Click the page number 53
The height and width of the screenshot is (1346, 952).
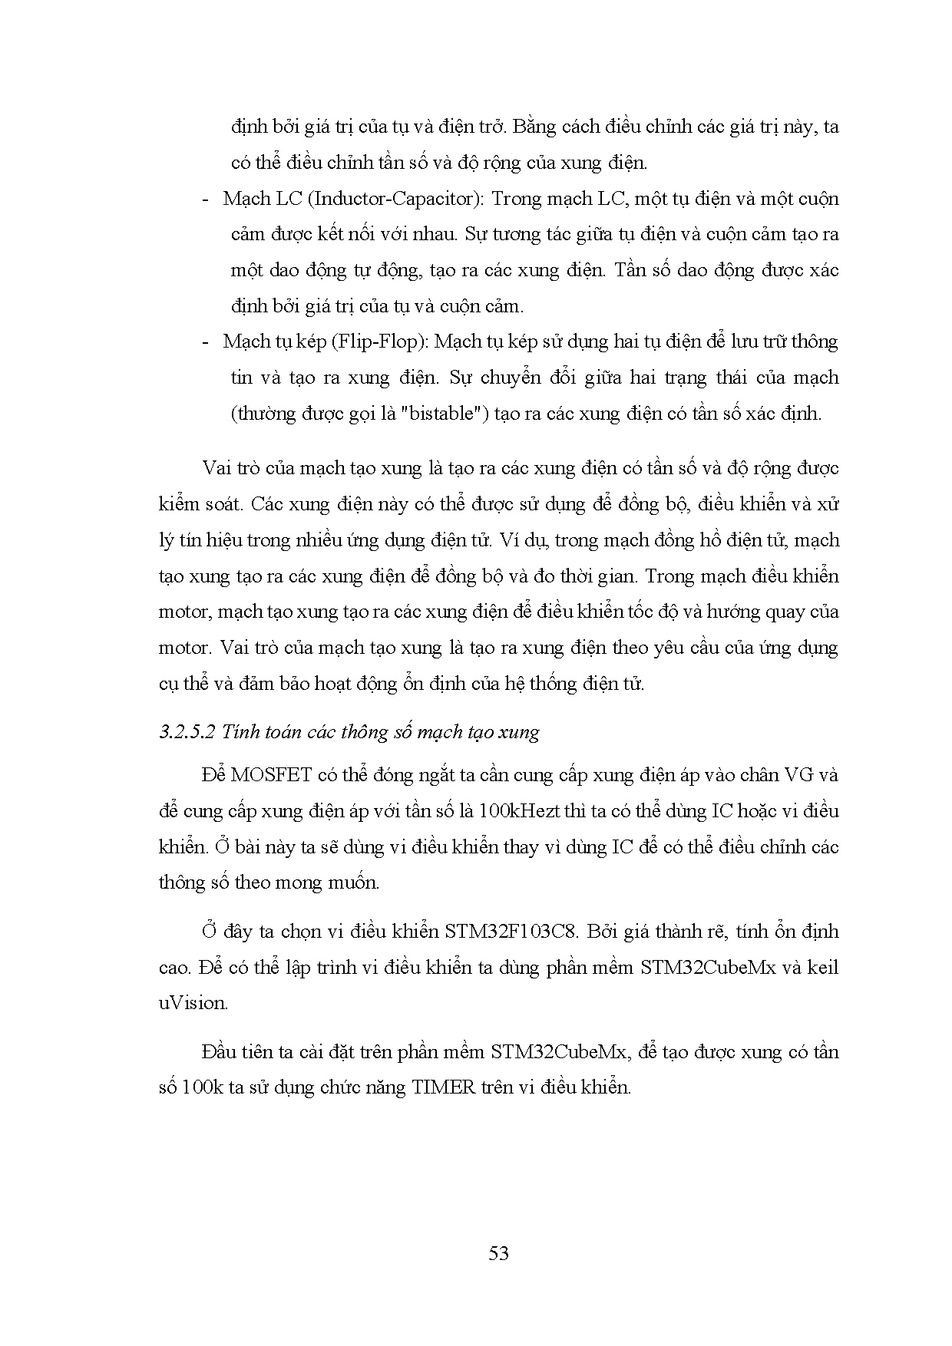(x=498, y=1254)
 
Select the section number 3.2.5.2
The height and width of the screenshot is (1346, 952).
(x=187, y=731)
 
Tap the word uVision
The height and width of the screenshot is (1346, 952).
(x=193, y=1003)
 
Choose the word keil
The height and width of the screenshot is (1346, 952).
(x=823, y=967)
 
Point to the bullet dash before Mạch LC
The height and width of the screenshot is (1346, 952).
(x=206, y=200)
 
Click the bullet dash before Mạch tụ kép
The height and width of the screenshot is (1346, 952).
(x=206, y=342)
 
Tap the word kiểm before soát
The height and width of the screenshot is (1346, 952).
(x=182, y=504)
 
